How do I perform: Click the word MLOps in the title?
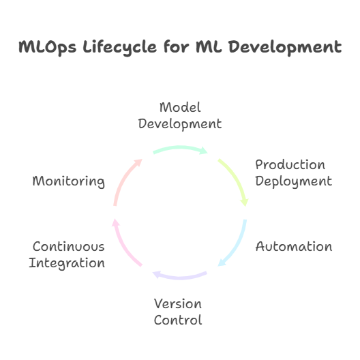coord(47,48)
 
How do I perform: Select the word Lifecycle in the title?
coord(119,48)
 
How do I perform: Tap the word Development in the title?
coord(286,48)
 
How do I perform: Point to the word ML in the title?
coord(209,47)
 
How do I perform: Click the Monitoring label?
coord(69,182)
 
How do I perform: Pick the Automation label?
coord(294,247)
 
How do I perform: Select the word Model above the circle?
coord(180,108)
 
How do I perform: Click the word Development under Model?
coord(180,125)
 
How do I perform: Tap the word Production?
coord(290,165)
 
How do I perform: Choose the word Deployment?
coord(294,182)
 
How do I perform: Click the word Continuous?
coord(69,247)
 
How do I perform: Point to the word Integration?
coord(67,263)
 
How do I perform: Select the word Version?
coord(178,304)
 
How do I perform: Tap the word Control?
coord(178,320)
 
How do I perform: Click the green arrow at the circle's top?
coord(180,148)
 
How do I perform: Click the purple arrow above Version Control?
coord(180,277)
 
